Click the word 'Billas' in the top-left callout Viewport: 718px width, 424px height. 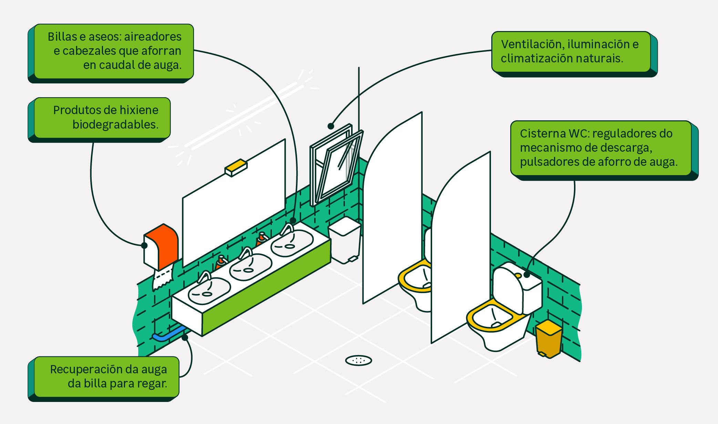click(x=62, y=37)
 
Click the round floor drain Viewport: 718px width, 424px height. click(x=358, y=361)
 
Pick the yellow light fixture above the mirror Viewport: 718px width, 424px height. click(x=236, y=167)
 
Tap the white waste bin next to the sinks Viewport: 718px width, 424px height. click(x=345, y=241)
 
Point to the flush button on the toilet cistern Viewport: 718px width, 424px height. click(x=518, y=275)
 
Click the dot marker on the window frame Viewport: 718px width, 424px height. click(x=331, y=126)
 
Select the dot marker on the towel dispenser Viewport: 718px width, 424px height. click(x=144, y=245)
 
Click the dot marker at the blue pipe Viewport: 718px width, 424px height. click(x=185, y=337)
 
